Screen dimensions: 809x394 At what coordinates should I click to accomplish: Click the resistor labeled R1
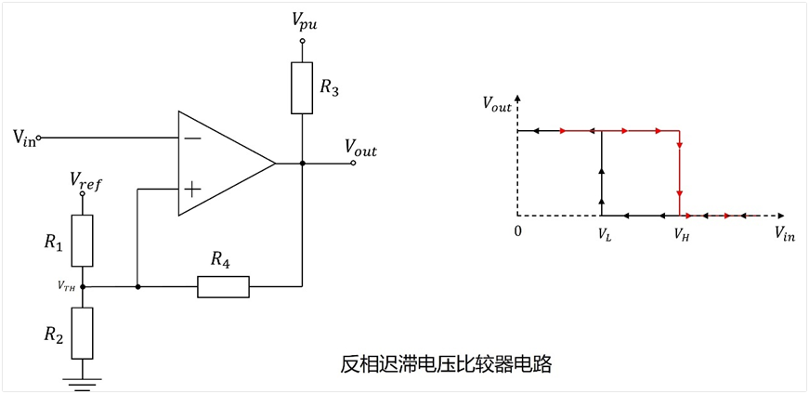pyautogui.click(x=82, y=241)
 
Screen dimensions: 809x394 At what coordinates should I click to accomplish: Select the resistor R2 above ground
pyautogui.click(x=82, y=333)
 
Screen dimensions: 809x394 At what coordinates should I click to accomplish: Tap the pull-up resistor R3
pyautogui.click(x=302, y=87)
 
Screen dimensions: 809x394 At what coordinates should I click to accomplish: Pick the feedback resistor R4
pyautogui.click(x=224, y=286)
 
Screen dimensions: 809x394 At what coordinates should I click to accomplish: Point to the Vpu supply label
pyautogui.click(x=304, y=21)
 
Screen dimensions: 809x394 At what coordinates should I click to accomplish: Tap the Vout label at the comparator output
pyautogui.click(x=360, y=150)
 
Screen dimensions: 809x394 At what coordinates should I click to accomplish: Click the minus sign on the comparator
pyautogui.click(x=193, y=138)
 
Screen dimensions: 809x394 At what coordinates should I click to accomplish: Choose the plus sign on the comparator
pyautogui.click(x=192, y=190)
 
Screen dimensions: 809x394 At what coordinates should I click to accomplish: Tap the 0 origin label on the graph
pyautogui.click(x=517, y=231)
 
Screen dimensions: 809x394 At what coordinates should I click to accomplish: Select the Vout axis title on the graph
pyautogui.click(x=497, y=103)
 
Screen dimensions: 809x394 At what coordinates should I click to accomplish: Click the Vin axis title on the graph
pyautogui.click(x=784, y=233)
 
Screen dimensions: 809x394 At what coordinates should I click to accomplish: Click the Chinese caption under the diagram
pyautogui.click(x=446, y=364)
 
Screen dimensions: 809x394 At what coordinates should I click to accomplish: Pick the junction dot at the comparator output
pyautogui.click(x=303, y=164)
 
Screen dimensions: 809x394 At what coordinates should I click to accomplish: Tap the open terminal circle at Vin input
pyautogui.click(x=39, y=138)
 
